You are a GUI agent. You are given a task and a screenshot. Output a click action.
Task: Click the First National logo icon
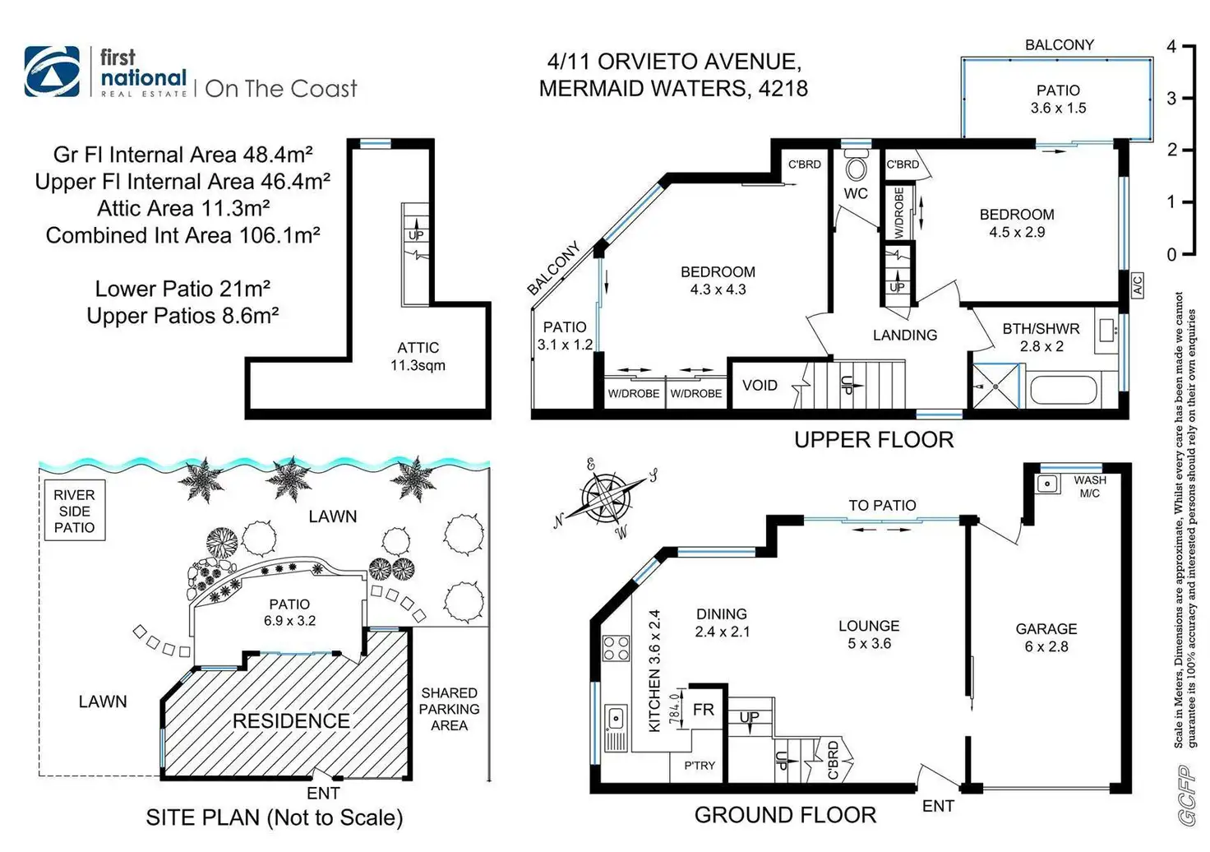(53, 72)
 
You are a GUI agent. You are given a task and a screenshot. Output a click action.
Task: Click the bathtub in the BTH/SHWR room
(1062, 390)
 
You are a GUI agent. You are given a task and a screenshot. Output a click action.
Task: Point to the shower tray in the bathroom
(995, 386)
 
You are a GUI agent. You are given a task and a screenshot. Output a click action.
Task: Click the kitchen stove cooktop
(616, 649)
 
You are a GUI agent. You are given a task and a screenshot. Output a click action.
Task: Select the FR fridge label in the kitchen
(704, 709)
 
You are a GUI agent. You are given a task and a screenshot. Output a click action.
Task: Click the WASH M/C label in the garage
(1089, 487)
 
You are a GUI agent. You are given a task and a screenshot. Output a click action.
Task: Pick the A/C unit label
(1138, 285)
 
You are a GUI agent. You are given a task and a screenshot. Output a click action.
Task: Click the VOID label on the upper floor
(760, 385)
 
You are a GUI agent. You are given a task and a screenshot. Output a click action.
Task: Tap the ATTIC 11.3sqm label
(418, 356)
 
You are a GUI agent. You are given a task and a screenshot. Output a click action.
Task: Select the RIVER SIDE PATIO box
(74, 511)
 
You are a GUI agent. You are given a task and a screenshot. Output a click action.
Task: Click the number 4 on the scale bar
(1171, 47)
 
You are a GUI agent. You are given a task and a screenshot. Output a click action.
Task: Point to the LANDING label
(904, 335)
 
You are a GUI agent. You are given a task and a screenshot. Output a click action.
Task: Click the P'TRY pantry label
(700, 765)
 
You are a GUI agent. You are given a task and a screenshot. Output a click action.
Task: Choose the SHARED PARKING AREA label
(449, 709)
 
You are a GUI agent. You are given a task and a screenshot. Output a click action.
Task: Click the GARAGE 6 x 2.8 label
(1046, 637)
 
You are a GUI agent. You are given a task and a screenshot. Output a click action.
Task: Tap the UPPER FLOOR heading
(874, 440)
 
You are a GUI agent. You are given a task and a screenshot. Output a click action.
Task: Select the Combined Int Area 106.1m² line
(182, 235)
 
